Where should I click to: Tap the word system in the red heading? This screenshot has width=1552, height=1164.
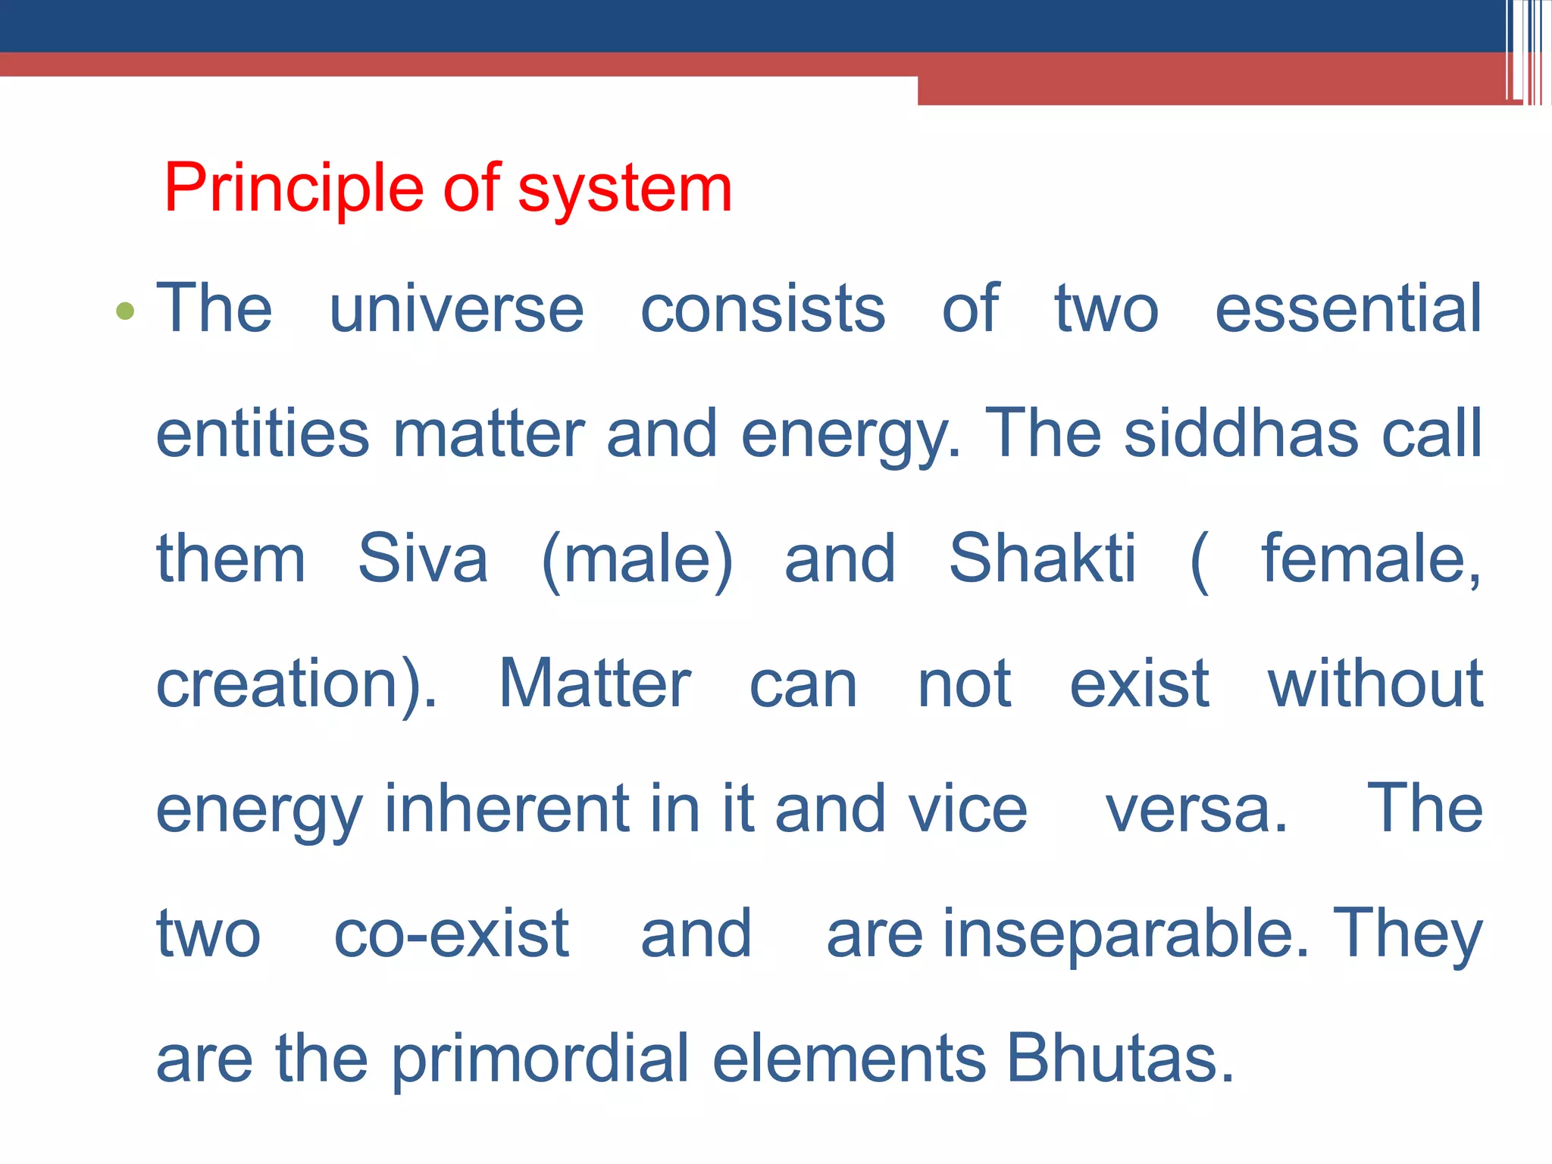click(624, 189)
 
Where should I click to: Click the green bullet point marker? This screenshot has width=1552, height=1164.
click(125, 311)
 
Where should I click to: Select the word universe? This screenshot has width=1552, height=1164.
click(456, 309)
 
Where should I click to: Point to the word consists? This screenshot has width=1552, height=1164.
click(762, 309)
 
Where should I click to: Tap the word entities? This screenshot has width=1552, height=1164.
click(262, 433)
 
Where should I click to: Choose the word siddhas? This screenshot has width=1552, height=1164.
click(1241, 433)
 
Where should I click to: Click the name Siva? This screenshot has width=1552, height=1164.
click(423, 559)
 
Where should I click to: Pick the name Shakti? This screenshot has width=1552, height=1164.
click(1042, 559)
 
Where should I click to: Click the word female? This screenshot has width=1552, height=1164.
click(1370, 559)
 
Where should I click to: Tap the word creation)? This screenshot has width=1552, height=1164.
click(296, 684)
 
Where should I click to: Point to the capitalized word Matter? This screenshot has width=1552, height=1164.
click(594, 684)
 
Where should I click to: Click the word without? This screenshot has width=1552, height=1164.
click(1375, 684)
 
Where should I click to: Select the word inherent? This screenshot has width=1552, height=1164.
click(507, 809)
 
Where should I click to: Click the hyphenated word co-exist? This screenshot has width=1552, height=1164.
click(452, 934)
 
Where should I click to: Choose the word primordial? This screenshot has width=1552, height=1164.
click(540, 1059)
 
